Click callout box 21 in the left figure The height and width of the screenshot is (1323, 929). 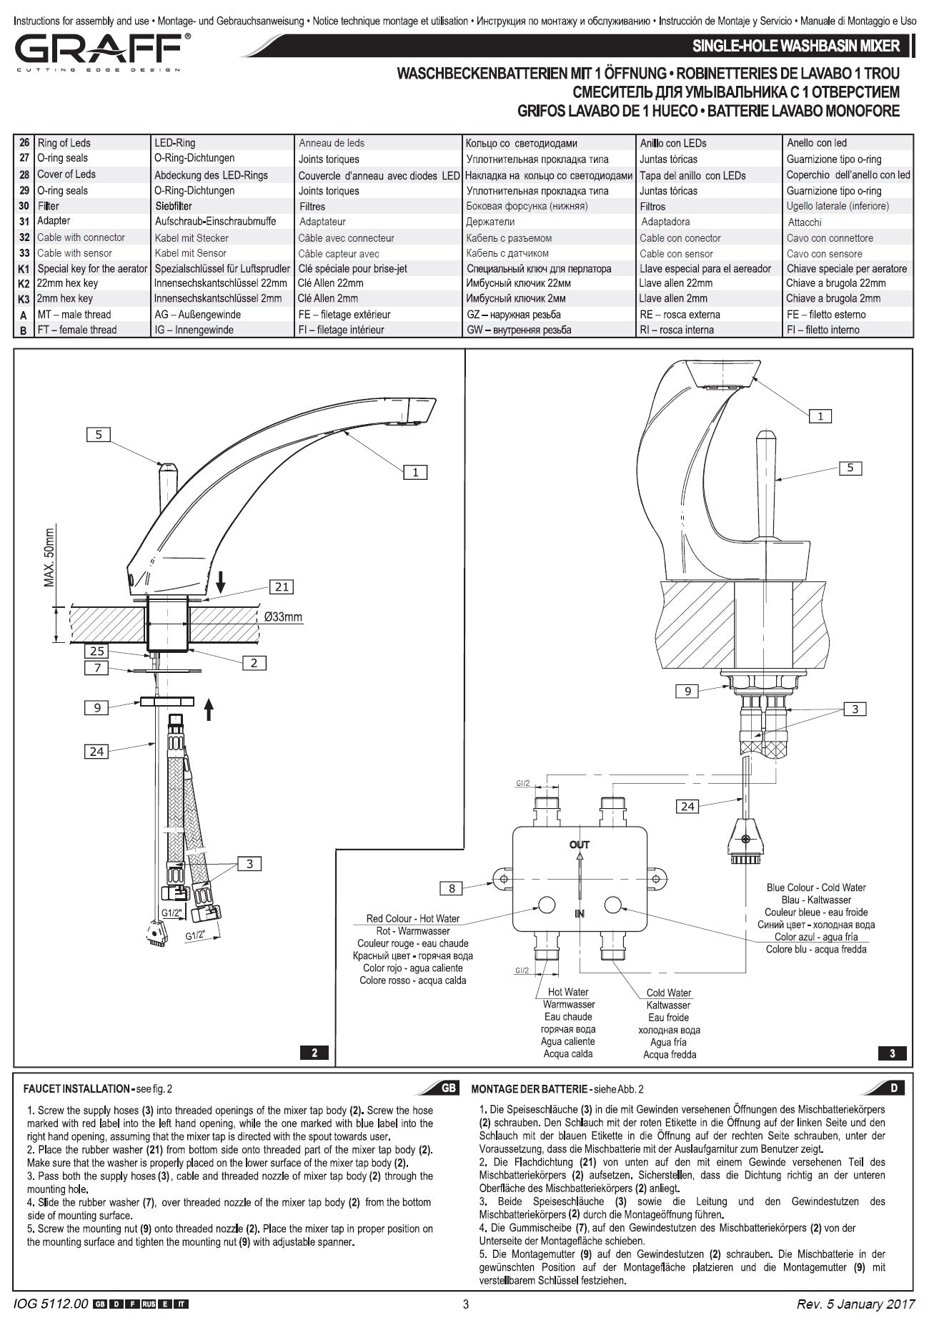[x=282, y=586]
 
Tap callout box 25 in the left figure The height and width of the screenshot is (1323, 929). [x=96, y=651]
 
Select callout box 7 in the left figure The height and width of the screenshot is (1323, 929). [x=96, y=668]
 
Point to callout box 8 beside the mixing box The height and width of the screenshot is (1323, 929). [x=451, y=888]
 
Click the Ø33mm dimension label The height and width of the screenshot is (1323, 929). [x=282, y=617]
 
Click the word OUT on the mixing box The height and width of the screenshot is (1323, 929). [x=580, y=845]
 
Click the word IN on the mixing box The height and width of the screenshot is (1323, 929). [x=580, y=913]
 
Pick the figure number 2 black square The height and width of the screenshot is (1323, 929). [x=314, y=1052]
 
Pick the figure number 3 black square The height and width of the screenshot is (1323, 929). [x=892, y=1053]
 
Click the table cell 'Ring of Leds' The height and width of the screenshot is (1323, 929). [x=64, y=143]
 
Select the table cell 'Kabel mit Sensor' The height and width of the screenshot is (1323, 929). [x=190, y=253]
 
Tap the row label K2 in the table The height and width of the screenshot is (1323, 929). [x=24, y=284]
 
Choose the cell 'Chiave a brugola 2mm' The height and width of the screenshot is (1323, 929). [x=833, y=299]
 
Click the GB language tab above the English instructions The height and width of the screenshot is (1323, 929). [x=448, y=1088]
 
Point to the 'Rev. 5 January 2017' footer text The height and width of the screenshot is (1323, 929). [x=855, y=1304]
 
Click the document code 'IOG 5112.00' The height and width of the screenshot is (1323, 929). [x=51, y=1304]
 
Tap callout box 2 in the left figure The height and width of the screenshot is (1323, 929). [x=254, y=663]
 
